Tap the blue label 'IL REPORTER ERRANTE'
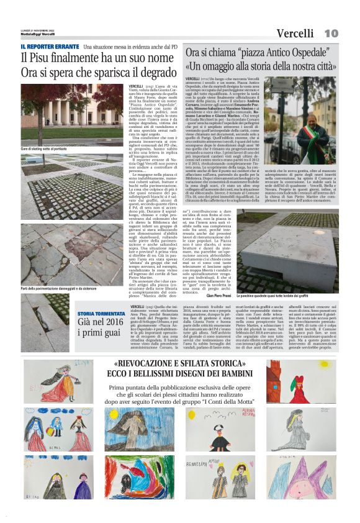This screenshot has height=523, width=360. click(x=50, y=47)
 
